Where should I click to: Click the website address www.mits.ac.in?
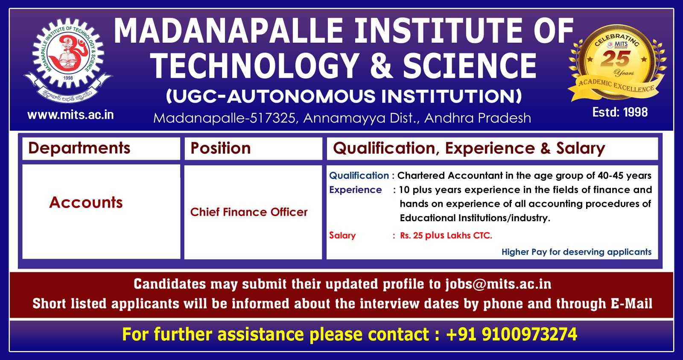tap(70, 115)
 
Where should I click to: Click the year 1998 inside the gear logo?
tap(68, 78)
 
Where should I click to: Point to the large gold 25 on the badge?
tap(615, 59)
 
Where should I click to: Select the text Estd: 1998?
tap(620, 112)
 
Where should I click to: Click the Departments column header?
tap(79, 148)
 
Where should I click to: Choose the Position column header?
tap(220, 148)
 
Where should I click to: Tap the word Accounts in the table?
tap(86, 202)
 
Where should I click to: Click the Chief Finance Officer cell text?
tap(249, 212)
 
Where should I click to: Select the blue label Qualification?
tap(359, 176)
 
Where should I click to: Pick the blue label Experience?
tap(355, 190)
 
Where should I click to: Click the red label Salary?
tap(342, 235)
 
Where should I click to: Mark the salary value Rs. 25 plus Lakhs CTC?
tap(446, 235)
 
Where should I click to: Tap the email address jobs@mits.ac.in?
tap(498, 284)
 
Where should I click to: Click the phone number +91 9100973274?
tap(511, 334)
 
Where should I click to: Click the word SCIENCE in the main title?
tap(470, 66)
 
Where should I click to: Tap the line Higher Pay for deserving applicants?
tap(577, 252)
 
